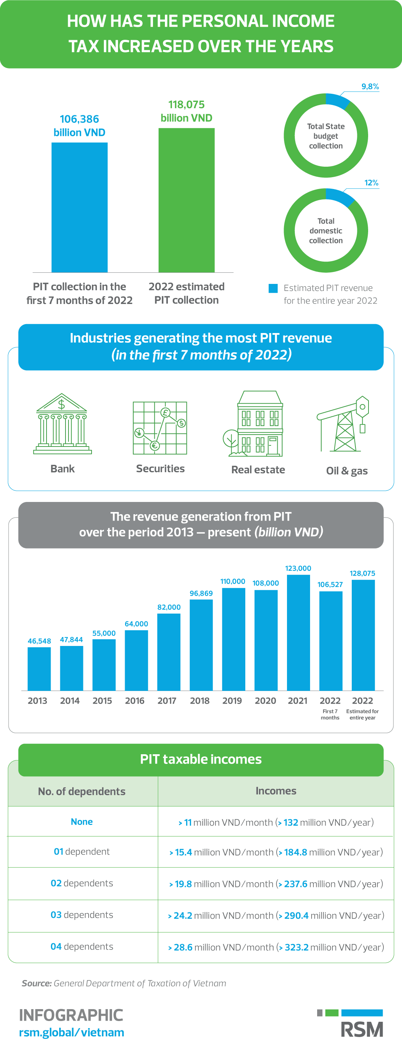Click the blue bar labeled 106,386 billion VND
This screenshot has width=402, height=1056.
[x=79, y=207]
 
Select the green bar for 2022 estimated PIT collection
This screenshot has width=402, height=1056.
[x=186, y=200]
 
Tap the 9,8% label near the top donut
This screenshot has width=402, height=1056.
[x=370, y=86]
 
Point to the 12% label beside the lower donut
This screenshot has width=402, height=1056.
[x=371, y=183]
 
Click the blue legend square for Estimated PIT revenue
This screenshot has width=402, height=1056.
[x=273, y=288]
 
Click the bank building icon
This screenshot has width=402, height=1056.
[x=63, y=424]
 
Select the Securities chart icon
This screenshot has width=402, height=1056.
[x=160, y=428]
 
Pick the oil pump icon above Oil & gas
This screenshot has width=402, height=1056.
[x=345, y=424]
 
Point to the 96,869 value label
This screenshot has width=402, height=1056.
[x=201, y=593]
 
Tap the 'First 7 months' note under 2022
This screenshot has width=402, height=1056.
[x=330, y=714]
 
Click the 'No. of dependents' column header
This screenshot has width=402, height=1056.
[x=82, y=791]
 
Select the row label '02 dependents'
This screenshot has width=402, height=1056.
[x=82, y=883]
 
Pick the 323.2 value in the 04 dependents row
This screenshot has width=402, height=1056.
[x=296, y=947]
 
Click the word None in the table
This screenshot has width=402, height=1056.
[x=82, y=822]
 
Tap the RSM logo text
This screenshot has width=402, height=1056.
[x=362, y=1029]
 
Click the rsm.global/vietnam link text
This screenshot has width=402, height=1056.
[x=71, y=1032]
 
